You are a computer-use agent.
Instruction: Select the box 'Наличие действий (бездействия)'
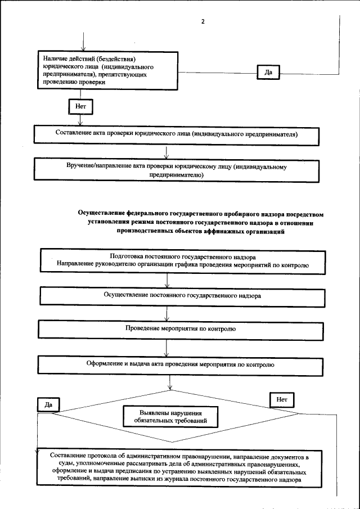tap(107, 70)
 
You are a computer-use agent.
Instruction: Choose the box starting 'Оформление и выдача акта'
tap(179, 364)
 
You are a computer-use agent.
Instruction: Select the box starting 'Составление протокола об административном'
tap(179, 467)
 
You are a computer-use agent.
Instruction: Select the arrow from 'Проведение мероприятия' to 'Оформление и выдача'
tap(166, 346)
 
